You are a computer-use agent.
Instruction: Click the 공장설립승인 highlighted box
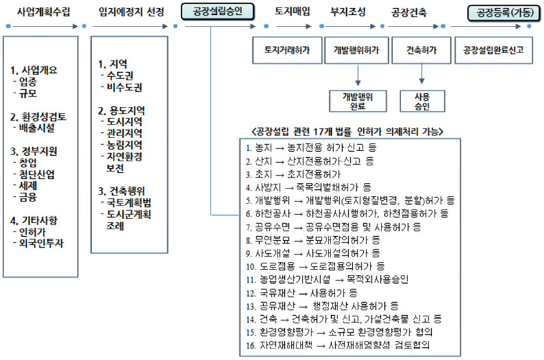(x=218, y=12)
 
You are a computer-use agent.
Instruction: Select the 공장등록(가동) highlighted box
(x=505, y=13)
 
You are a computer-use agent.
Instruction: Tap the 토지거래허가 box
(x=287, y=50)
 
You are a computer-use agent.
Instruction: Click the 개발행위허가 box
(x=356, y=50)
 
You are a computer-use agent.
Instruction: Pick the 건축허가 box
(x=421, y=50)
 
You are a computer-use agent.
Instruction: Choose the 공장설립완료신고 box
(x=494, y=50)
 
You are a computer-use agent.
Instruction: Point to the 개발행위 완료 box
(x=358, y=101)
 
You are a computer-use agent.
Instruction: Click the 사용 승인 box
(x=422, y=101)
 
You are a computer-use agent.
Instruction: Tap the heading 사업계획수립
(x=44, y=12)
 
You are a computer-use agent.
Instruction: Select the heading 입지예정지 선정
(x=131, y=12)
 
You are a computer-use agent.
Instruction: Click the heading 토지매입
(x=292, y=12)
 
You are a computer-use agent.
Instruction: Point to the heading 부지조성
(x=348, y=12)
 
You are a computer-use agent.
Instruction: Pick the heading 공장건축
(x=409, y=13)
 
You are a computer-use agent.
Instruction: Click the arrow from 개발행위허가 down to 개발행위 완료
(x=358, y=75)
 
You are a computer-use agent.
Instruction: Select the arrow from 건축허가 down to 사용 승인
(x=422, y=73)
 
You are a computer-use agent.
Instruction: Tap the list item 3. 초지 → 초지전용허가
(x=294, y=174)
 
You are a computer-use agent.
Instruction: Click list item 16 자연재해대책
(x=338, y=345)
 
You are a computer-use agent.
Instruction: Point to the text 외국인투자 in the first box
(x=41, y=243)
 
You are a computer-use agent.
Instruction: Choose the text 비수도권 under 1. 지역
(x=124, y=87)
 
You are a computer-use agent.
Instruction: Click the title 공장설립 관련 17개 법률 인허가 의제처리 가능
(x=347, y=131)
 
